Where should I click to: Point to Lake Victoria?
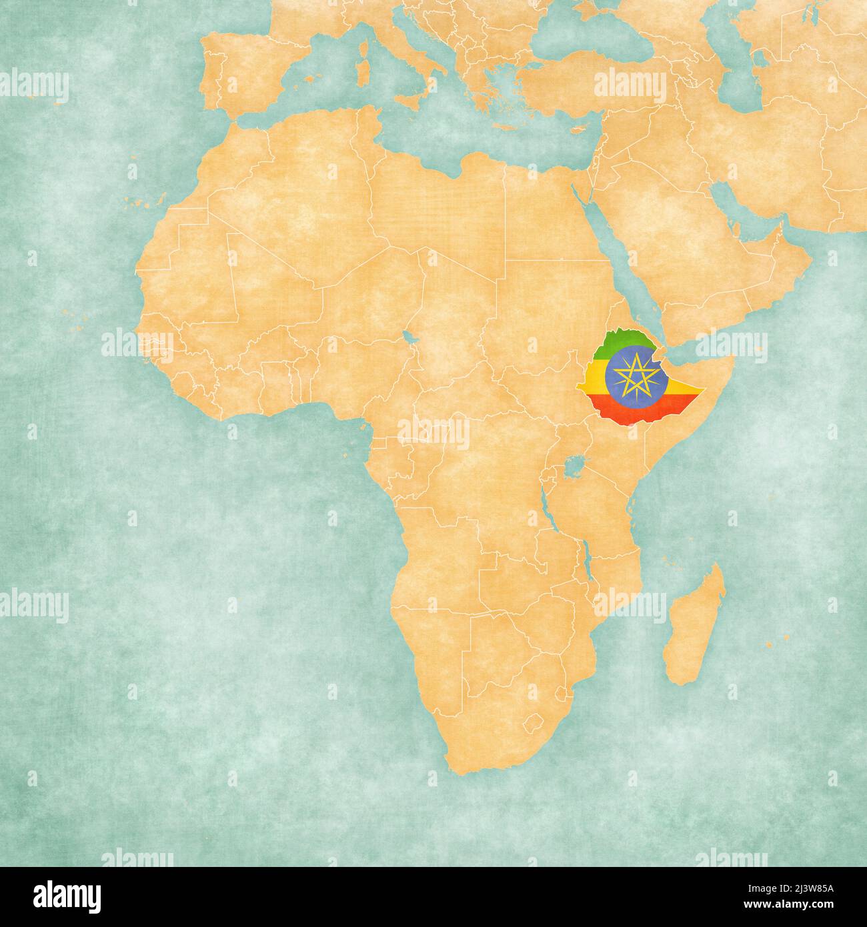click(x=573, y=466)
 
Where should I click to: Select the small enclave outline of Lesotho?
click(x=535, y=722)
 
